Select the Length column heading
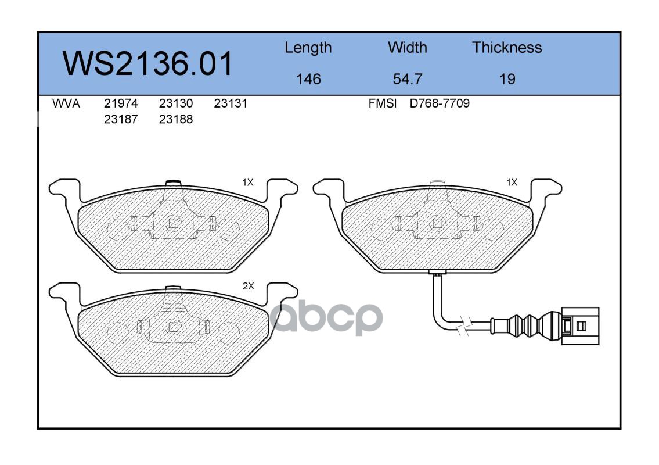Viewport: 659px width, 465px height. [x=308, y=48]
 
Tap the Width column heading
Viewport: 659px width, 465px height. [x=407, y=48]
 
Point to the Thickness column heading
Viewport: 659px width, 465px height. [x=507, y=48]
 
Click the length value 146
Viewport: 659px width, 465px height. [x=308, y=79]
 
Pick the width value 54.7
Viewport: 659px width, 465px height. [x=407, y=79]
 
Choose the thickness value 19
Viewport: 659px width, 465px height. [x=507, y=79]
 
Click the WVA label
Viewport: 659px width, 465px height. [x=66, y=103]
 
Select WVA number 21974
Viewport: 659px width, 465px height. [x=121, y=103]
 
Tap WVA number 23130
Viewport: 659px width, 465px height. [x=176, y=103]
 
